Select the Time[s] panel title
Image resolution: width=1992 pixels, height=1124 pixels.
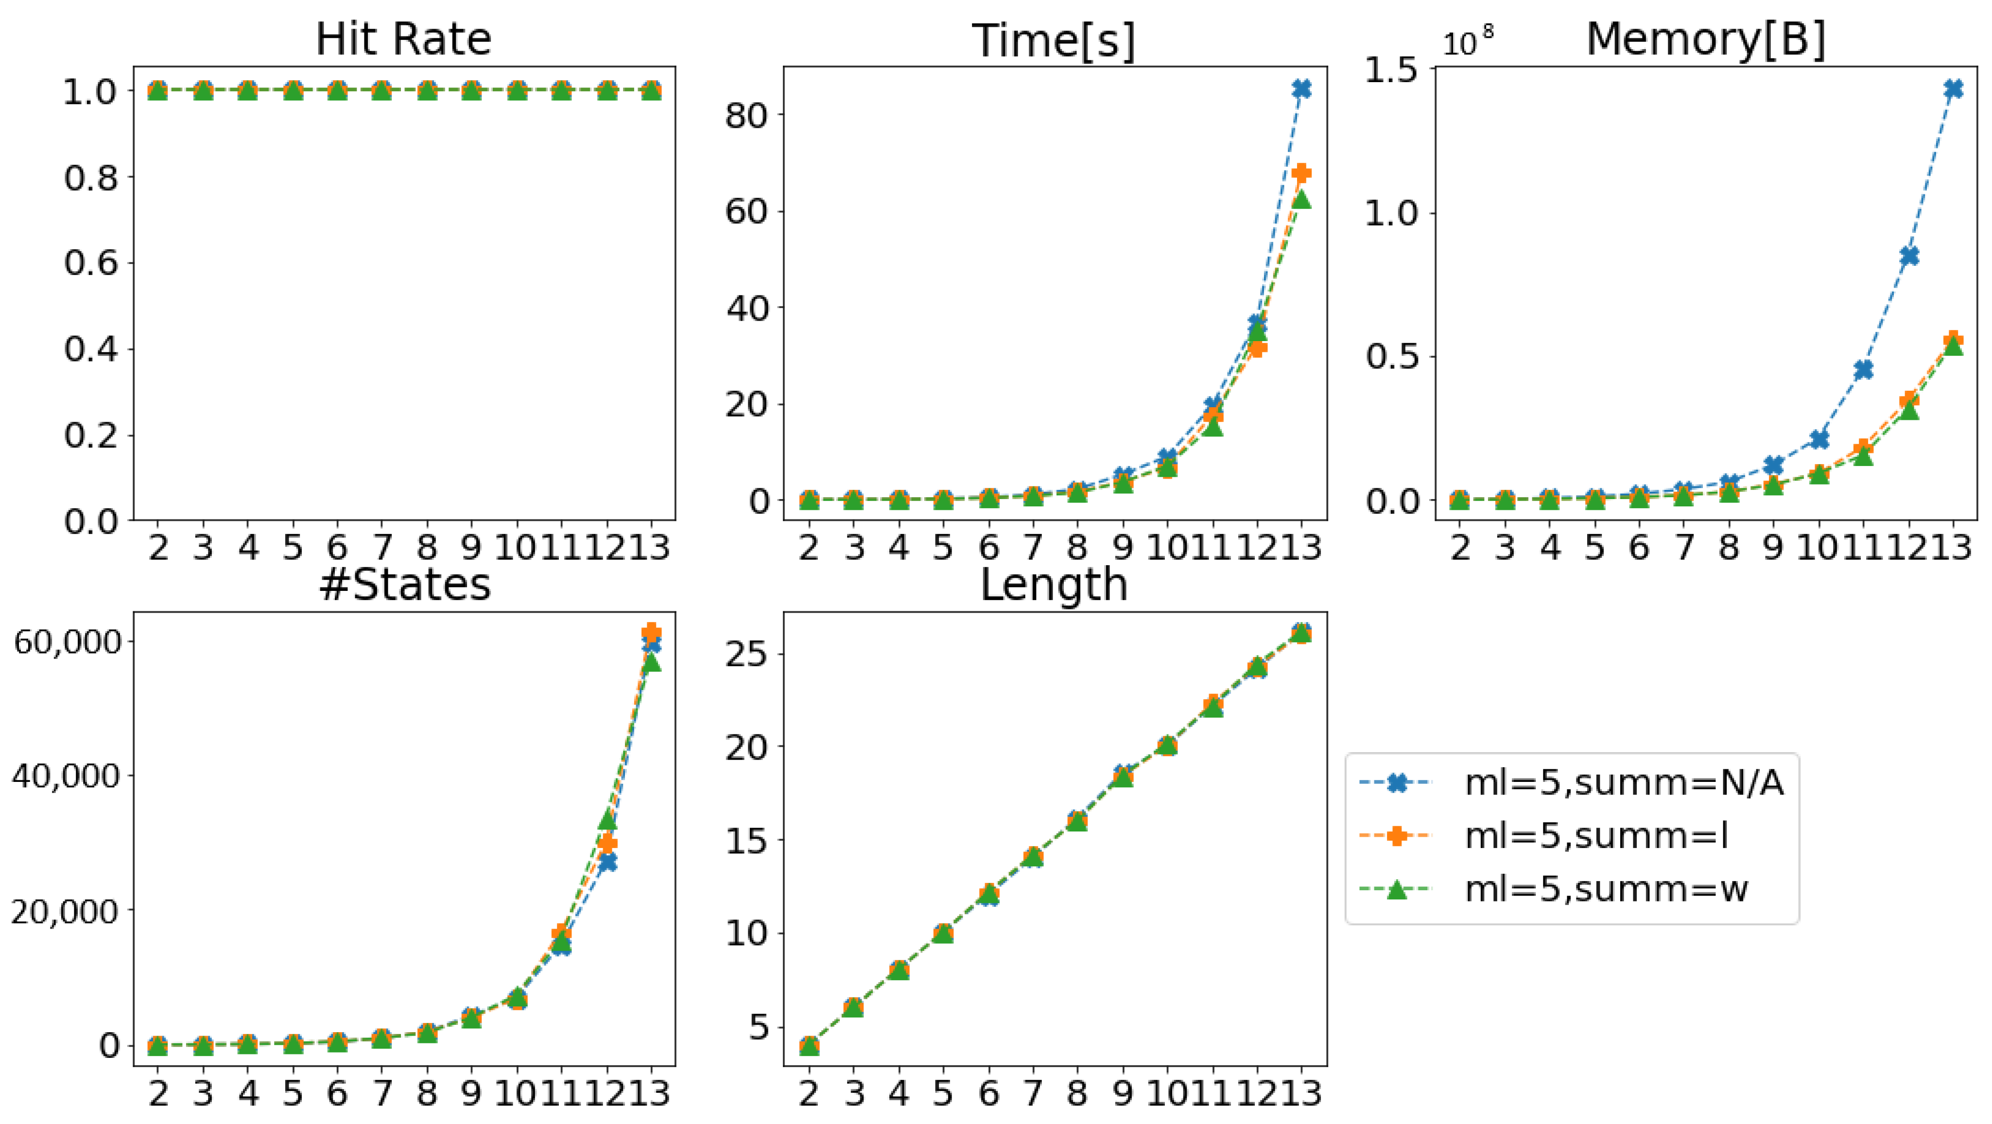(x=1054, y=40)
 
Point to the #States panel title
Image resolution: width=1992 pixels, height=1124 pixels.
(x=404, y=585)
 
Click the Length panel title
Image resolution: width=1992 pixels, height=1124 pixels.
(x=1054, y=585)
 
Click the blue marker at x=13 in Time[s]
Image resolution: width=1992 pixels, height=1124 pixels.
(x=1301, y=89)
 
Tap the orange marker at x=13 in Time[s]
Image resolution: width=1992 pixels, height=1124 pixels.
(x=1301, y=173)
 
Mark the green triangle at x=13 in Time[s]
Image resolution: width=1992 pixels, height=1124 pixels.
(x=1301, y=199)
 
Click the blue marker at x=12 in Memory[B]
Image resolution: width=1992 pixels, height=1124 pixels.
(x=1908, y=256)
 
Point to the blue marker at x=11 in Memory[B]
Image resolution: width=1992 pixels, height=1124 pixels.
(x=1864, y=369)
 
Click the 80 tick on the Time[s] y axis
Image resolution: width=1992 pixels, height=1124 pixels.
(x=746, y=114)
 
